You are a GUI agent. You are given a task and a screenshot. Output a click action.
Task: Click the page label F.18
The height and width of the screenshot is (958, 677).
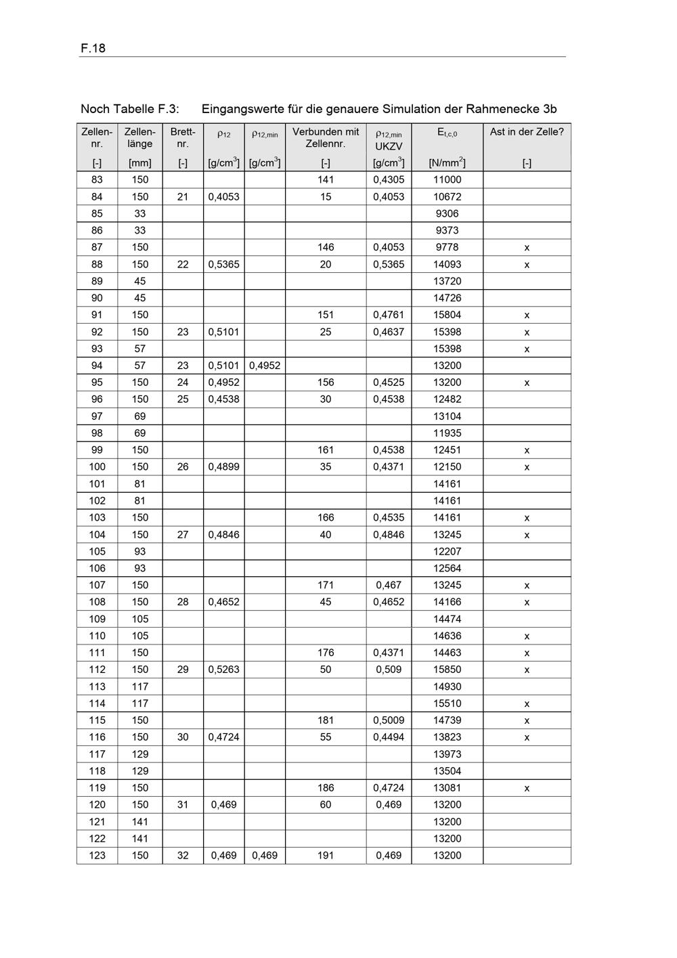pos(93,48)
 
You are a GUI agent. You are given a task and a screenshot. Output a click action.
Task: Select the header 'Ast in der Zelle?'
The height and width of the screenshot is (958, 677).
pos(527,132)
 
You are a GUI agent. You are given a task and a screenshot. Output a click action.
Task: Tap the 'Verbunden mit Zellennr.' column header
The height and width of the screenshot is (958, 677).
pos(326,137)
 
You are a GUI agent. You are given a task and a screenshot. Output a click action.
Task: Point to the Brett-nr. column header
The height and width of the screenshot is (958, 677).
pos(183,137)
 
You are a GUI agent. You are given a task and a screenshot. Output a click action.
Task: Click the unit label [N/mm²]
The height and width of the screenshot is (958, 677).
pos(447,162)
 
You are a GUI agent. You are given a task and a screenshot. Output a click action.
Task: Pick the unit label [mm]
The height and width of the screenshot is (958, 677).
pos(139,162)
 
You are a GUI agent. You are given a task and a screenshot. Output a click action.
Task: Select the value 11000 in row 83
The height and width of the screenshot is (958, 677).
pos(447,179)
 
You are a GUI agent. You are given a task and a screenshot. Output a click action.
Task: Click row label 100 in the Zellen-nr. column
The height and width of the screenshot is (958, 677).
pos(97,466)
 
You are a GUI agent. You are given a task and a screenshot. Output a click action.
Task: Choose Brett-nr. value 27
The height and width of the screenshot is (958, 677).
pos(183,534)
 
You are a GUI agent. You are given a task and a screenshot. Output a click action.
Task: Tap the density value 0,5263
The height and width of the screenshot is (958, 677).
pos(223,669)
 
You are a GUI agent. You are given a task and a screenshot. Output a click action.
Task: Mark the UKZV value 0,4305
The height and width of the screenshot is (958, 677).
pos(389,179)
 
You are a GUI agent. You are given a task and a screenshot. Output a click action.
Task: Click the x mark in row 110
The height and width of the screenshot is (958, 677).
pos(527,636)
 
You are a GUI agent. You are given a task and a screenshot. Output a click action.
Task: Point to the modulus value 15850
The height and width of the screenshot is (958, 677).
pos(447,669)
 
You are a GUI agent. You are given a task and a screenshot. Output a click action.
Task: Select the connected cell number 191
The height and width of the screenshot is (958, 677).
pos(326,855)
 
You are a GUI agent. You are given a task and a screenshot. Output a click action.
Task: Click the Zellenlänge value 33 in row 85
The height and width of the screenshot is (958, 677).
pos(139,213)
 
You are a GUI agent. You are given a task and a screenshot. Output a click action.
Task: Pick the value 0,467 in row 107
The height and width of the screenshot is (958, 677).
pos(389,585)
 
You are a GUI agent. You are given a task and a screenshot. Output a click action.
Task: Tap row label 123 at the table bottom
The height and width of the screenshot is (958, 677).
pos(97,855)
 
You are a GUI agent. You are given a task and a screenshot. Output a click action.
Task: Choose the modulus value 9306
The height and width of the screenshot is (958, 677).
pos(447,213)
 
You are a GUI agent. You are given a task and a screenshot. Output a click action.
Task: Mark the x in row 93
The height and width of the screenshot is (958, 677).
pos(527,349)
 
